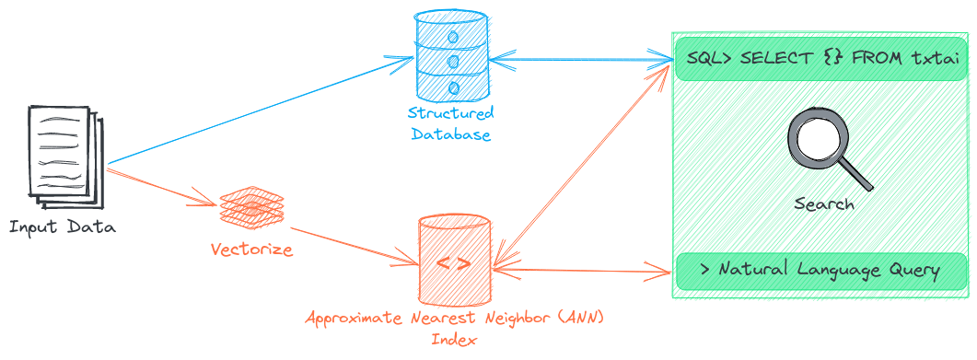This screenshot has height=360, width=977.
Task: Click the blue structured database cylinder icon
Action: pos(451,55)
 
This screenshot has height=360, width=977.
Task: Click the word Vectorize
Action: pos(251,250)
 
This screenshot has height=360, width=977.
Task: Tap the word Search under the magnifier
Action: pos(824,203)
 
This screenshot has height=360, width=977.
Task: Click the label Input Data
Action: pos(63,226)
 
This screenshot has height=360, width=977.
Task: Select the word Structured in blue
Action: pos(450,113)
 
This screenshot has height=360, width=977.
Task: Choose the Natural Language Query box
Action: pos(820,271)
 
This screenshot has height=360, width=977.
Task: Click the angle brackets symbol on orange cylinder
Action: pos(453,264)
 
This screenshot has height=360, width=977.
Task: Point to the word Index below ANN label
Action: pos(454,340)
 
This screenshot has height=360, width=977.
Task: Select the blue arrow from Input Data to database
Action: pos(261,110)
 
